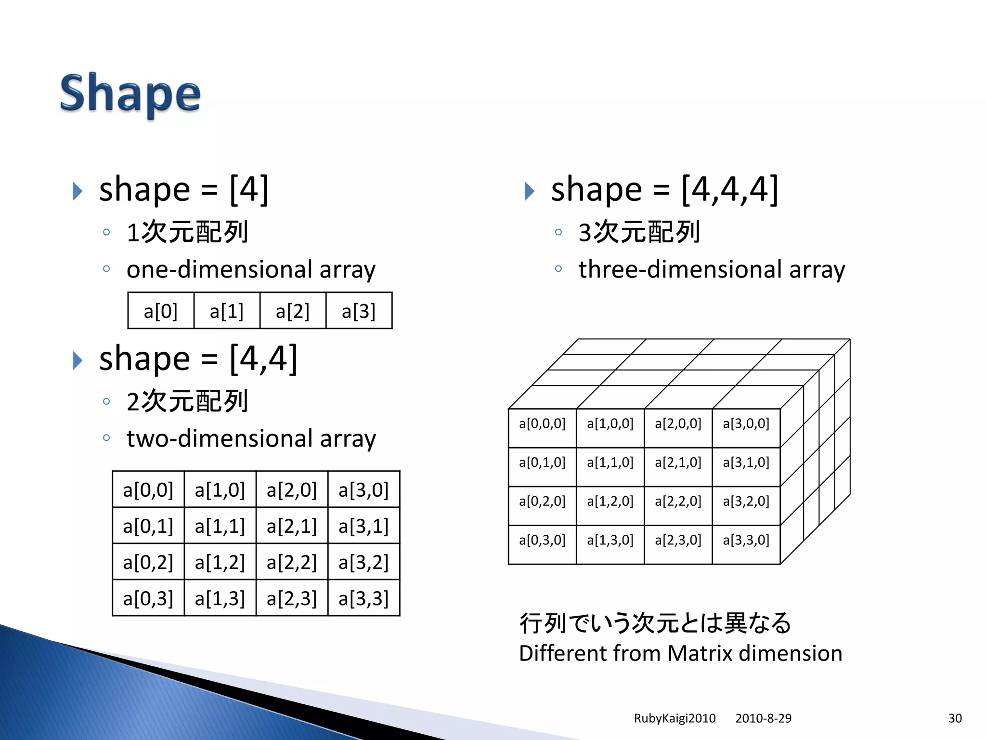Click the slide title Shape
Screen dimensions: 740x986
point(130,93)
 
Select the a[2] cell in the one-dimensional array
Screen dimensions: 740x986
point(293,311)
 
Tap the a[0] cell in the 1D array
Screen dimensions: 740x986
point(161,311)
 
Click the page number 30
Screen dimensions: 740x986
point(955,718)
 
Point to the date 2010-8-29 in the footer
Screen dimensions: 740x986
point(763,718)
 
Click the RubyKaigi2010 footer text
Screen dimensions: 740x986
point(675,718)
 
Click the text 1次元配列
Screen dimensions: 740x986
point(187,232)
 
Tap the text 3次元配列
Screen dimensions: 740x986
point(639,232)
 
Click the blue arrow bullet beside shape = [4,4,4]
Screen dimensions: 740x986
point(530,191)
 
